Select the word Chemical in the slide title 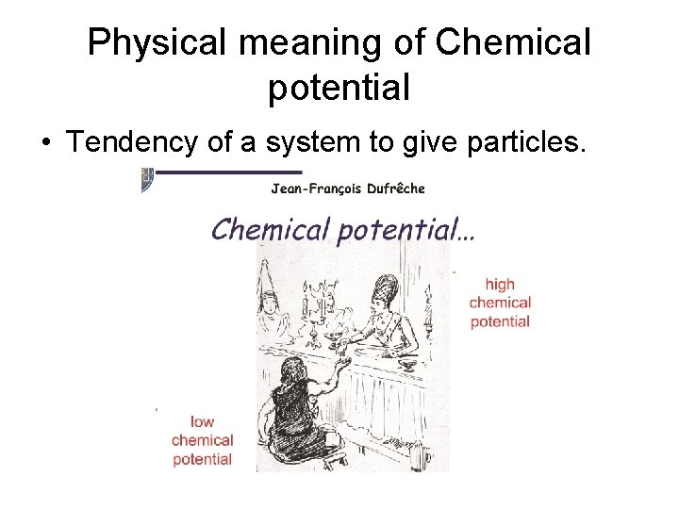pyautogui.click(x=514, y=42)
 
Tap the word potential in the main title pyautogui.click(x=339, y=88)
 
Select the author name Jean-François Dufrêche pyautogui.click(x=348, y=188)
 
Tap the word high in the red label pyautogui.click(x=500, y=284)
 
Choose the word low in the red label pyautogui.click(x=202, y=421)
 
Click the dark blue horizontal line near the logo pyautogui.click(x=226, y=173)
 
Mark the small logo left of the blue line pyautogui.click(x=146, y=179)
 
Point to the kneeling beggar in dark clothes pyautogui.click(x=291, y=415)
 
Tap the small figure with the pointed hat pyautogui.click(x=270, y=302)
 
